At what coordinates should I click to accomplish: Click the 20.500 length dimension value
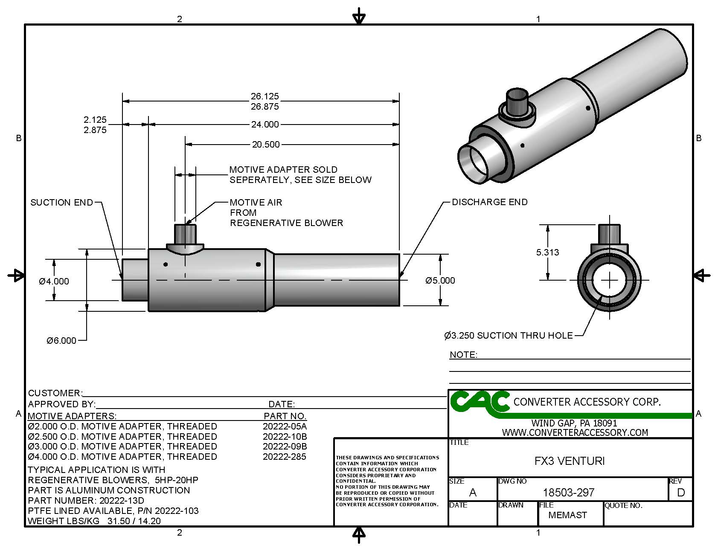point(265,145)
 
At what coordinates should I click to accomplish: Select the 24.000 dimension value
point(265,125)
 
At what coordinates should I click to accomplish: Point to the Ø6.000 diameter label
point(61,340)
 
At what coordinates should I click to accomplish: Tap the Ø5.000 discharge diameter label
point(440,281)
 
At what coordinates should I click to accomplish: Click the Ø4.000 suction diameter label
point(54,281)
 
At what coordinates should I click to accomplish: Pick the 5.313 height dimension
point(547,252)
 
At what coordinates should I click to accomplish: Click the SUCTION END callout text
point(61,203)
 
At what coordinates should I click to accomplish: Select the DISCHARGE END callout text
point(489,202)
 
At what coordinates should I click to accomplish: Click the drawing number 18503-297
point(568,493)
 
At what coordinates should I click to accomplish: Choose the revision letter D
point(680,493)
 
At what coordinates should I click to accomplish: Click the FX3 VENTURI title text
point(569,461)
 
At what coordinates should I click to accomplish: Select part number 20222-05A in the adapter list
point(285,426)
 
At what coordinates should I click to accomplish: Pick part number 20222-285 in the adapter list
point(285,457)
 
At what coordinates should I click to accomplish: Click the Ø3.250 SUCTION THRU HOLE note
point(508,336)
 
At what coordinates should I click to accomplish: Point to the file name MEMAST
point(567,515)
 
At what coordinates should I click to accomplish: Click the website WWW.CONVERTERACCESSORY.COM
point(575,432)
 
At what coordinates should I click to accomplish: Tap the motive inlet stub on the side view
point(185,234)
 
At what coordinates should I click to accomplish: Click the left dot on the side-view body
point(166,264)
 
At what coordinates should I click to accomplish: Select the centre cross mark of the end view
point(610,280)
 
